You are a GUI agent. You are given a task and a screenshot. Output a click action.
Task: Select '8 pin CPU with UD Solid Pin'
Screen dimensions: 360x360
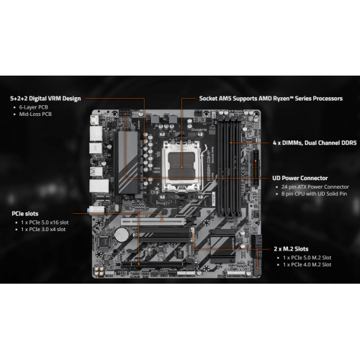tap(315, 194)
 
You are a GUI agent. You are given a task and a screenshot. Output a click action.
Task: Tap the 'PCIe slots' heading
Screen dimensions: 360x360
tap(25, 213)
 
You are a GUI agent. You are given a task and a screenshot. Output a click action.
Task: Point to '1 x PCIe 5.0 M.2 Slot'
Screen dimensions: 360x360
tap(307, 258)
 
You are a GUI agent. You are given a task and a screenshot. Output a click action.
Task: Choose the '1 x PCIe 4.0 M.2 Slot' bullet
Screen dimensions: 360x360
tap(307, 265)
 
